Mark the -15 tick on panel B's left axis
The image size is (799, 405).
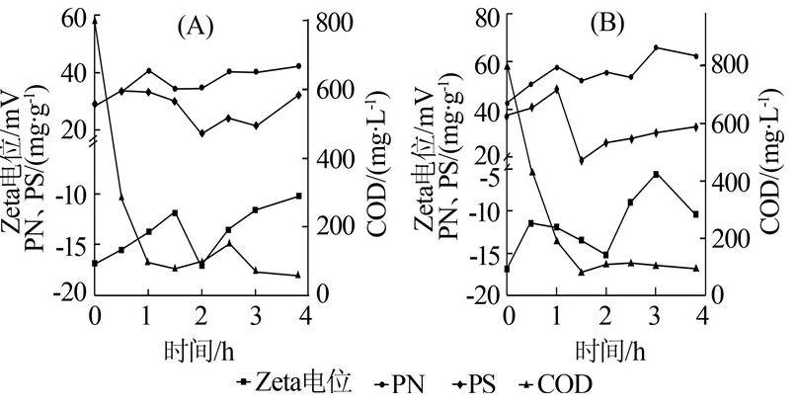pos(484,254)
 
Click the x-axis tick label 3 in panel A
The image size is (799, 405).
pos(255,315)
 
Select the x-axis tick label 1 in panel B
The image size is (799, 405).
pos(556,315)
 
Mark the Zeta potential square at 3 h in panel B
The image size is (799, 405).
pos(655,174)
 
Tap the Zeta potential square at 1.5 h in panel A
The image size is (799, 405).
pos(175,212)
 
